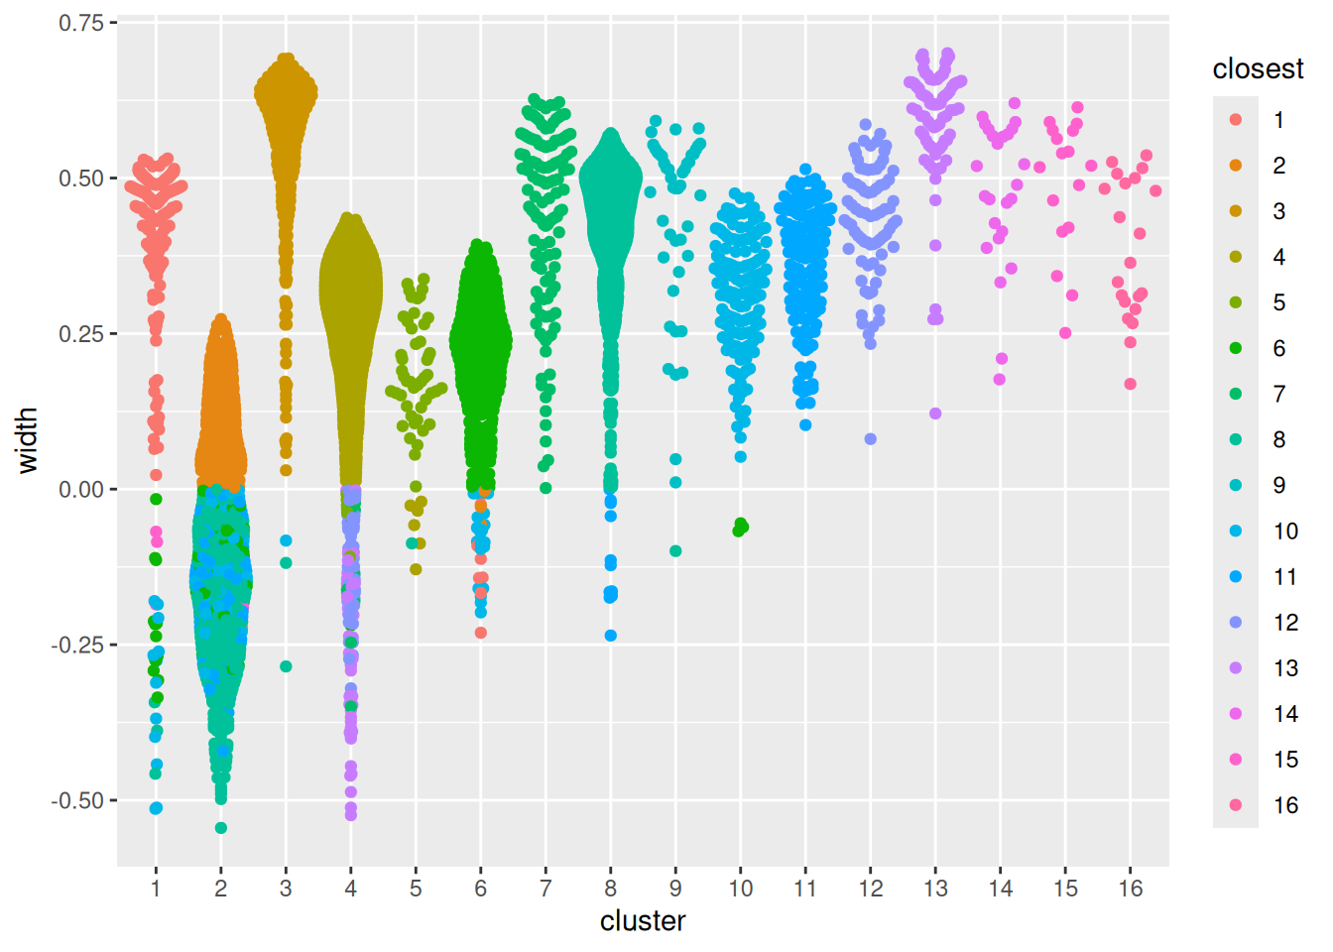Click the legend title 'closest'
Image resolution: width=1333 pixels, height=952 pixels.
(x=1258, y=68)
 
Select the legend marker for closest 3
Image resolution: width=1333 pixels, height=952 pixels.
(x=1236, y=210)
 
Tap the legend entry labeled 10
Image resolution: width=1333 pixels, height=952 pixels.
(x=1285, y=531)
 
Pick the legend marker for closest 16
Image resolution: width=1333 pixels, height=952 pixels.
(x=1236, y=804)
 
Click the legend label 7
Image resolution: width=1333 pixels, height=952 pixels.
(x=1279, y=394)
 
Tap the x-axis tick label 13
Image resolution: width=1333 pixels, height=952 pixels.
(x=935, y=889)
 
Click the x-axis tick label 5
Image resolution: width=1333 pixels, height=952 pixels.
(x=416, y=889)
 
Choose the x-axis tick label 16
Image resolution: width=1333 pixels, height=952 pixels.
(x=1131, y=889)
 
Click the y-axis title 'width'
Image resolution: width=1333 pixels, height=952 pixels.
(x=28, y=440)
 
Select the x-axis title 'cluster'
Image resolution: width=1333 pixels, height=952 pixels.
(x=643, y=921)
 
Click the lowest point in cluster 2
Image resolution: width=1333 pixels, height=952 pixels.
(x=221, y=827)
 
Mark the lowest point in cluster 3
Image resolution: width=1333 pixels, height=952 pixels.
(x=286, y=666)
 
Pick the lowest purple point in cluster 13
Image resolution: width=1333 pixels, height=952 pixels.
(x=935, y=414)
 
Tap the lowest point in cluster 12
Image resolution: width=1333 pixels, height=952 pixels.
(x=870, y=438)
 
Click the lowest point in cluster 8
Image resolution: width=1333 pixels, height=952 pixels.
(x=611, y=636)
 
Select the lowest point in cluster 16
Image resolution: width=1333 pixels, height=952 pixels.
(x=1131, y=384)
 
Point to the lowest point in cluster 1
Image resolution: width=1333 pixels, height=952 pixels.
(x=156, y=808)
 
